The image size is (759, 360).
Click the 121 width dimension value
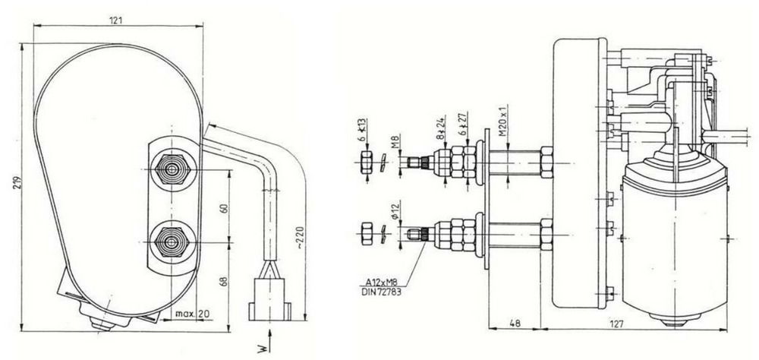pos(115,21)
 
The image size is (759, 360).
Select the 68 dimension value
pos(224,281)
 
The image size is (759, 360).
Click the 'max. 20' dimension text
pos(192,314)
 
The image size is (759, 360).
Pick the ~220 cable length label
pos(300,236)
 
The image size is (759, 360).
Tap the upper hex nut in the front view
pos(172,169)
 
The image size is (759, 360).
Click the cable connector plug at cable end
pos(269,298)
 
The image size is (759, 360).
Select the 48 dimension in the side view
pos(515,324)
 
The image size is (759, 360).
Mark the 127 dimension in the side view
pos(615,324)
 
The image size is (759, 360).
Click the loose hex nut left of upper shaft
pos(367,162)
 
